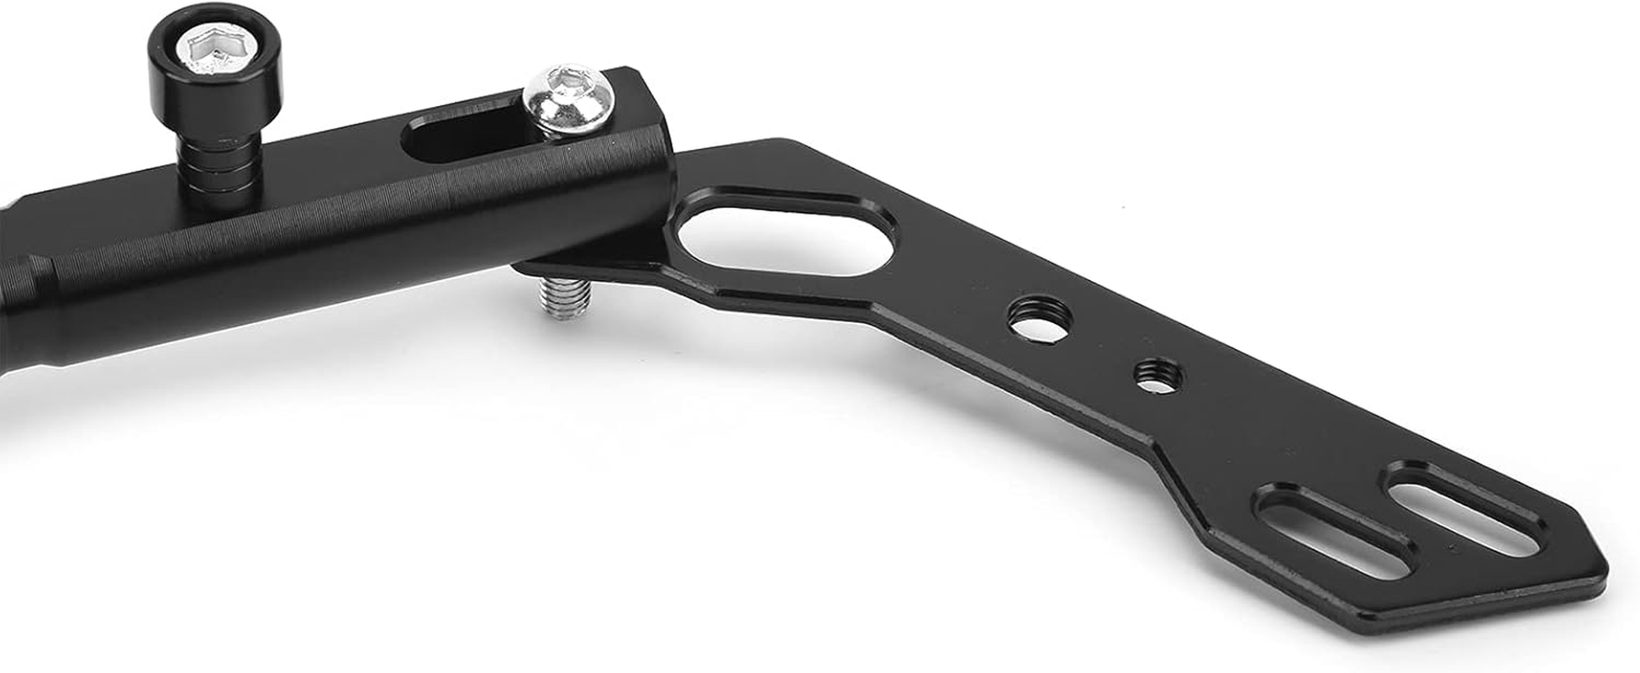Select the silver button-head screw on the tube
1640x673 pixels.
pos(567,99)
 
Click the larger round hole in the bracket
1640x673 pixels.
pos(1040,318)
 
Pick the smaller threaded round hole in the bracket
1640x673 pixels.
pos(1155,375)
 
